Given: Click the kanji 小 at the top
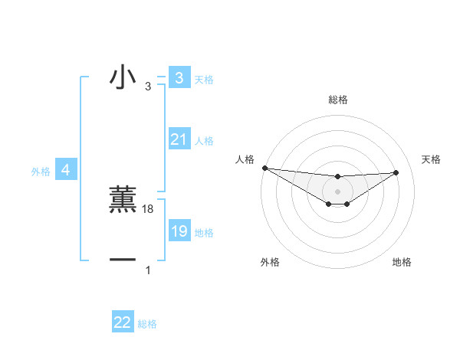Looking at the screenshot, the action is (123, 78).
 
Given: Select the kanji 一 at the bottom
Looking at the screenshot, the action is (123, 260).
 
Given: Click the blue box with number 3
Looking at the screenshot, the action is (179, 78).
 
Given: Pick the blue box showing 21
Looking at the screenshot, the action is (179, 139).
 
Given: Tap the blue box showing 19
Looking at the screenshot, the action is (179, 231).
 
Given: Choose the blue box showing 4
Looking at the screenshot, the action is (65, 170).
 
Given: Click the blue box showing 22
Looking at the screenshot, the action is (123, 322).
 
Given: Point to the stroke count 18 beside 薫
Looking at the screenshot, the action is (148, 209).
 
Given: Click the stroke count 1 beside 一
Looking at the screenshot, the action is (148, 270).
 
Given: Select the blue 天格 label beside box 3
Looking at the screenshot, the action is (204, 80).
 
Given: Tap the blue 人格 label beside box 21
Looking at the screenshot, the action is (204, 141).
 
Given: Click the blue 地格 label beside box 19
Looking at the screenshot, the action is (204, 233).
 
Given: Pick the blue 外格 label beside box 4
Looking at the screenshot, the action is (41, 172).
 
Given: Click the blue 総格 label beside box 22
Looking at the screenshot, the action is (147, 324).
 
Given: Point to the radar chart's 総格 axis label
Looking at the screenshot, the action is (337, 100).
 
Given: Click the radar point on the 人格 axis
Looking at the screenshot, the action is (264, 168).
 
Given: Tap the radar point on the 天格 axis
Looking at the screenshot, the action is (396, 172).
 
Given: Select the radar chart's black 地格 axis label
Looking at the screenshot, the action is (402, 262).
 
